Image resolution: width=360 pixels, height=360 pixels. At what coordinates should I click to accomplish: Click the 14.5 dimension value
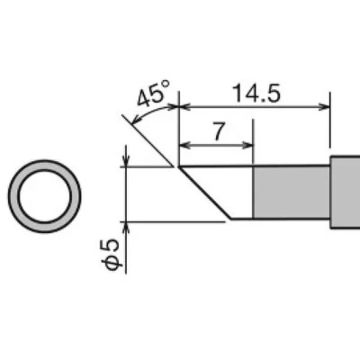click(256, 94)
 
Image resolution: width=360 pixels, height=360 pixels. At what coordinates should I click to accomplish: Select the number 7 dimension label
click(220, 131)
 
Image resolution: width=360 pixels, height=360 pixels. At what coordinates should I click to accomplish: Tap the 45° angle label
click(154, 94)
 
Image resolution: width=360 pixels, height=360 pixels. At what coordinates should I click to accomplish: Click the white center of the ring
click(45, 196)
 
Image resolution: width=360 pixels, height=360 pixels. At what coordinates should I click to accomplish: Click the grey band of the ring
click(14, 196)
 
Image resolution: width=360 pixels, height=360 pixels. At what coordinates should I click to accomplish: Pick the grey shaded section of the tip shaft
click(292, 193)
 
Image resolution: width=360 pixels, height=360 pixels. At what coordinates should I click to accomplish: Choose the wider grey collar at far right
click(345, 193)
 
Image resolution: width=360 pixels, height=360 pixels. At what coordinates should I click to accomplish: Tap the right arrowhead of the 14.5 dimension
click(325, 106)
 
